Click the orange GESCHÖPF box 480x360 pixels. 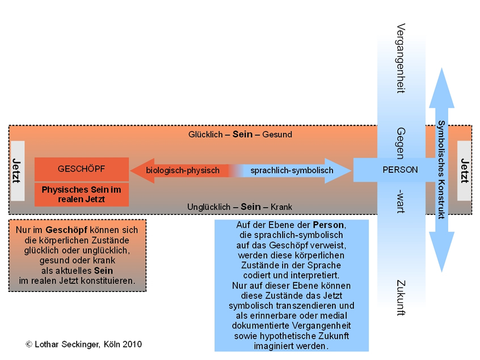pyautogui.click(x=81, y=169)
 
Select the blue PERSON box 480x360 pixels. pyautogui.click(x=400, y=170)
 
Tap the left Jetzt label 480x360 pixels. pyautogui.click(x=18, y=170)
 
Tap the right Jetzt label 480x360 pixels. pyautogui.click(x=464, y=170)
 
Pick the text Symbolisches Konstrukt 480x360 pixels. pyautogui.click(x=441, y=170)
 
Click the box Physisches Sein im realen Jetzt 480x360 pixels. pyautogui.click(x=81, y=194)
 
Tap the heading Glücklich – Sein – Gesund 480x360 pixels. pyautogui.click(x=240, y=134)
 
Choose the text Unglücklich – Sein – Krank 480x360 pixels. pyautogui.click(x=239, y=207)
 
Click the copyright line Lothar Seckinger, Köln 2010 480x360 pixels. pyautogui.click(x=83, y=344)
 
